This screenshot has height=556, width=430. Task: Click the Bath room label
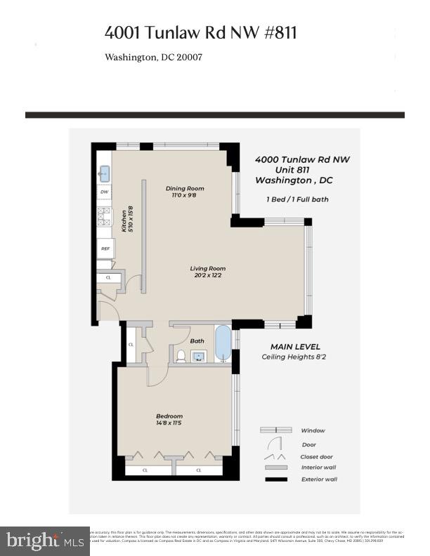tap(197, 341)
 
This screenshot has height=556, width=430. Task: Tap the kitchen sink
tap(105, 173)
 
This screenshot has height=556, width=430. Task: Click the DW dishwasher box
tap(105, 192)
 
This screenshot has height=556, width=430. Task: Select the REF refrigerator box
tap(105, 249)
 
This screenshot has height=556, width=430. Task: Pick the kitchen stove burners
tap(105, 216)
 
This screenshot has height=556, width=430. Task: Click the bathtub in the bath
tap(222, 343)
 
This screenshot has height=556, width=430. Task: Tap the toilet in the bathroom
tap(181, 356)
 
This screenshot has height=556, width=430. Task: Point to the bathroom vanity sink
tap(199, 356)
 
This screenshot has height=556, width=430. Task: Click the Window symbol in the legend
tap(275, 430)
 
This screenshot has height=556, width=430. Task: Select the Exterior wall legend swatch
tap(275, 480)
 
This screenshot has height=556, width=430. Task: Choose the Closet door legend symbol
tap(275, 456)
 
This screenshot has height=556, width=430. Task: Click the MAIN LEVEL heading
tap(295, 347)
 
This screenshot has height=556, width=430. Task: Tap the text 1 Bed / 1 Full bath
tap(297, 199)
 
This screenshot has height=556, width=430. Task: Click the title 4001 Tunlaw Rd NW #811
tap(200, 32)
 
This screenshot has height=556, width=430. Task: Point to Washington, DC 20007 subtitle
tap(153, 58)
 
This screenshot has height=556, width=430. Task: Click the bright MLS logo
tap(44, 540)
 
